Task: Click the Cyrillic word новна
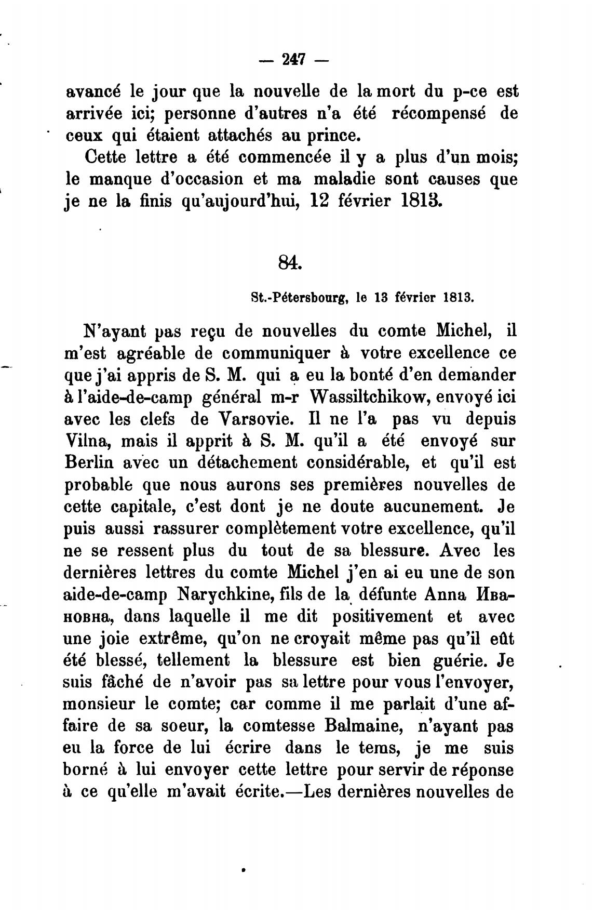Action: (x=86, y=617)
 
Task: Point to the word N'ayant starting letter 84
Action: (x=113, y=331)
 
